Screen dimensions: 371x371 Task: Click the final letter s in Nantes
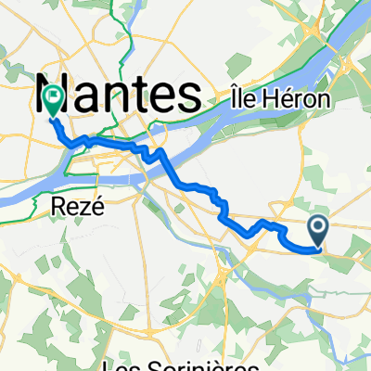click(191, 96)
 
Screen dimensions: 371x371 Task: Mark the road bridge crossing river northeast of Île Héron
click(345, 65)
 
